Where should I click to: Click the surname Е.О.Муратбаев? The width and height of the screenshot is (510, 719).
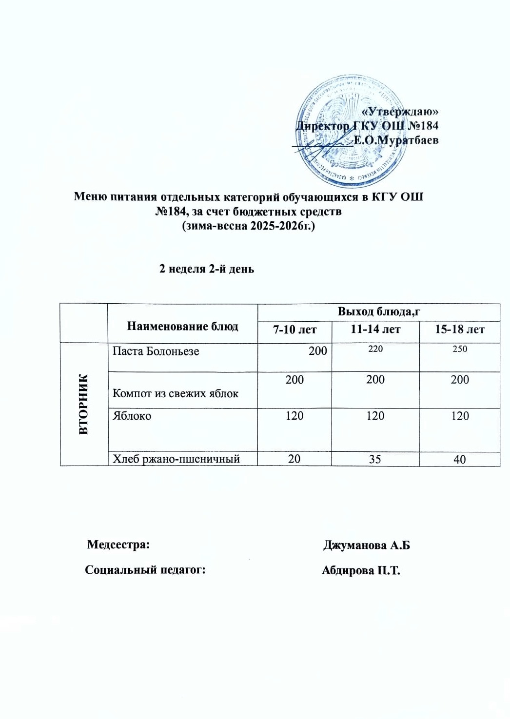point(396,140)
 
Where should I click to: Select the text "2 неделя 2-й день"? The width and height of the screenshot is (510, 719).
point(207,269)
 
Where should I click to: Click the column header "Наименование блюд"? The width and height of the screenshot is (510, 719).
point(182,326)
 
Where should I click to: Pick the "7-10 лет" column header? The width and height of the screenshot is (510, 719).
point(294,330)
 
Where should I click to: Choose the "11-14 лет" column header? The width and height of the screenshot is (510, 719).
point(375,330)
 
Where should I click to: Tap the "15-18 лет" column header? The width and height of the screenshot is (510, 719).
point(459,330)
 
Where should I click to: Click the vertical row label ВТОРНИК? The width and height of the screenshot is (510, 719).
point(84,404)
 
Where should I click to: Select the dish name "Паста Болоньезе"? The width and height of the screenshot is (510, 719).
point(156,351)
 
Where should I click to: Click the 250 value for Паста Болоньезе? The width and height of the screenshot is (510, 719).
point(459,349)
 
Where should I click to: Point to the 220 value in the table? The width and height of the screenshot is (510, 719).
point(375,349)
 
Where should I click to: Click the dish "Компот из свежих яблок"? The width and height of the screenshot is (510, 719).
point(175,393)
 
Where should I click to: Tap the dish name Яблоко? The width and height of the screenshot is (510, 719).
point(132,416)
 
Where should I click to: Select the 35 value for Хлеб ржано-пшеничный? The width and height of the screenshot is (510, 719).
point(374,459)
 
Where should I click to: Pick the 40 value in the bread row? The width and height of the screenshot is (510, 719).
point(459,459)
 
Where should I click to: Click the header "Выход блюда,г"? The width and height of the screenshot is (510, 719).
point(378,312)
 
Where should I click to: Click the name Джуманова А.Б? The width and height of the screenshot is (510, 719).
point(366,545)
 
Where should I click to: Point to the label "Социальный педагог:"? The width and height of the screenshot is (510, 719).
point(145,570)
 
